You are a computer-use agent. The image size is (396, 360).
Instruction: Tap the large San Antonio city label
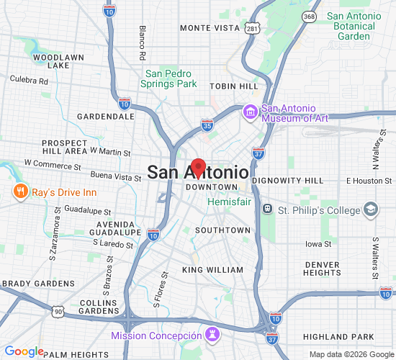point(198,173)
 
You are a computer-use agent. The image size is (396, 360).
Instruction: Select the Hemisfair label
point(228,203)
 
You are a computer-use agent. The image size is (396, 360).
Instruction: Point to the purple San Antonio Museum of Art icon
point(251,111)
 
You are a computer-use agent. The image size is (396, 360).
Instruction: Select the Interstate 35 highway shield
point(207,125)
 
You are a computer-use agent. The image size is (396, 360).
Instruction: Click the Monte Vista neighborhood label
point(209,28)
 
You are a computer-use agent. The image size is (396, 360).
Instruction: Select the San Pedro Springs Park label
point(171,78)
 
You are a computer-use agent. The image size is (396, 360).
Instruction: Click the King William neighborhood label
point(212,270)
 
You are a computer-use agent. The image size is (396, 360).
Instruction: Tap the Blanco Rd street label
point(143,43)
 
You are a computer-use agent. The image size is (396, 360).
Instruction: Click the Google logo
point(24,351)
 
